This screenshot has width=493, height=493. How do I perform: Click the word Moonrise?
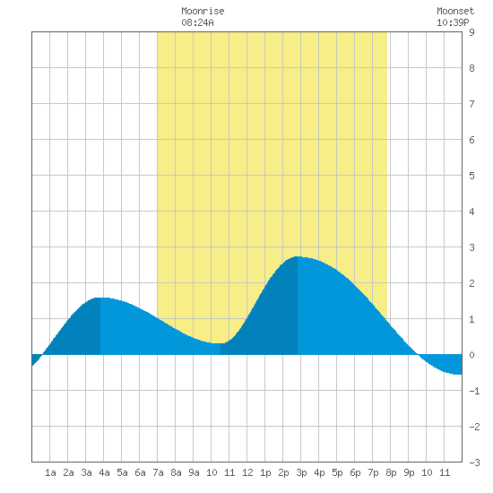pyautogui.click(x=203, y=11)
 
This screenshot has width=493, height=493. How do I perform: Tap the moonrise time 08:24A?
pyautogui.click(x=197, y=22)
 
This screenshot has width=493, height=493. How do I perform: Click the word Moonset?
pyautogui.click(x=455, y=11)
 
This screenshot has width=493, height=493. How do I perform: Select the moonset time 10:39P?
pyautogui.click(x=453, y=22)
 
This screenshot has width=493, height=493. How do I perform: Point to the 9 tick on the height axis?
pyautogui.click(x=471, y=32)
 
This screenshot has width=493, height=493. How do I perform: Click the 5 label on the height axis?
pyautogui.click(x=471, y=176)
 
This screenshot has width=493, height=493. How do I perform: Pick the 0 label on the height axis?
pyautogui.click(x=471, y=355)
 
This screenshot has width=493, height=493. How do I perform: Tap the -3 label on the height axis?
pyautogui.click(x=474, y=463)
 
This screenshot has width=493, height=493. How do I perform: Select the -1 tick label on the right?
pyautogui.click(x=474, y=391)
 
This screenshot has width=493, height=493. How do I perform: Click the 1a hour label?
pyautogui.click(x=50, y=472)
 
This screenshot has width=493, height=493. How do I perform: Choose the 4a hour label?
pyautogui.click(x=104, y=472)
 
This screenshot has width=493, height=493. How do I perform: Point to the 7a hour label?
pyautogui.click(x=158, y=472)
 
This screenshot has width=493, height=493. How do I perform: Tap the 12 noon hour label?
pyautogui.click(x=247, y=472)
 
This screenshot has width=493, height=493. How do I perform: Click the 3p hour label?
pyautogui.click(x=301, y=472)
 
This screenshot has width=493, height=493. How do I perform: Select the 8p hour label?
pyautogui.click(x=391, y=472)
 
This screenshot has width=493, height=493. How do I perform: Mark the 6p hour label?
pyautogui.click(x=355, y=472)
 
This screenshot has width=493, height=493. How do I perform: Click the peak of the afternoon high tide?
pyautogui.click(x=298, y=256)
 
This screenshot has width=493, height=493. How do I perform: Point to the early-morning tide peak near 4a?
pyautogui.click(x=100, y=298)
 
